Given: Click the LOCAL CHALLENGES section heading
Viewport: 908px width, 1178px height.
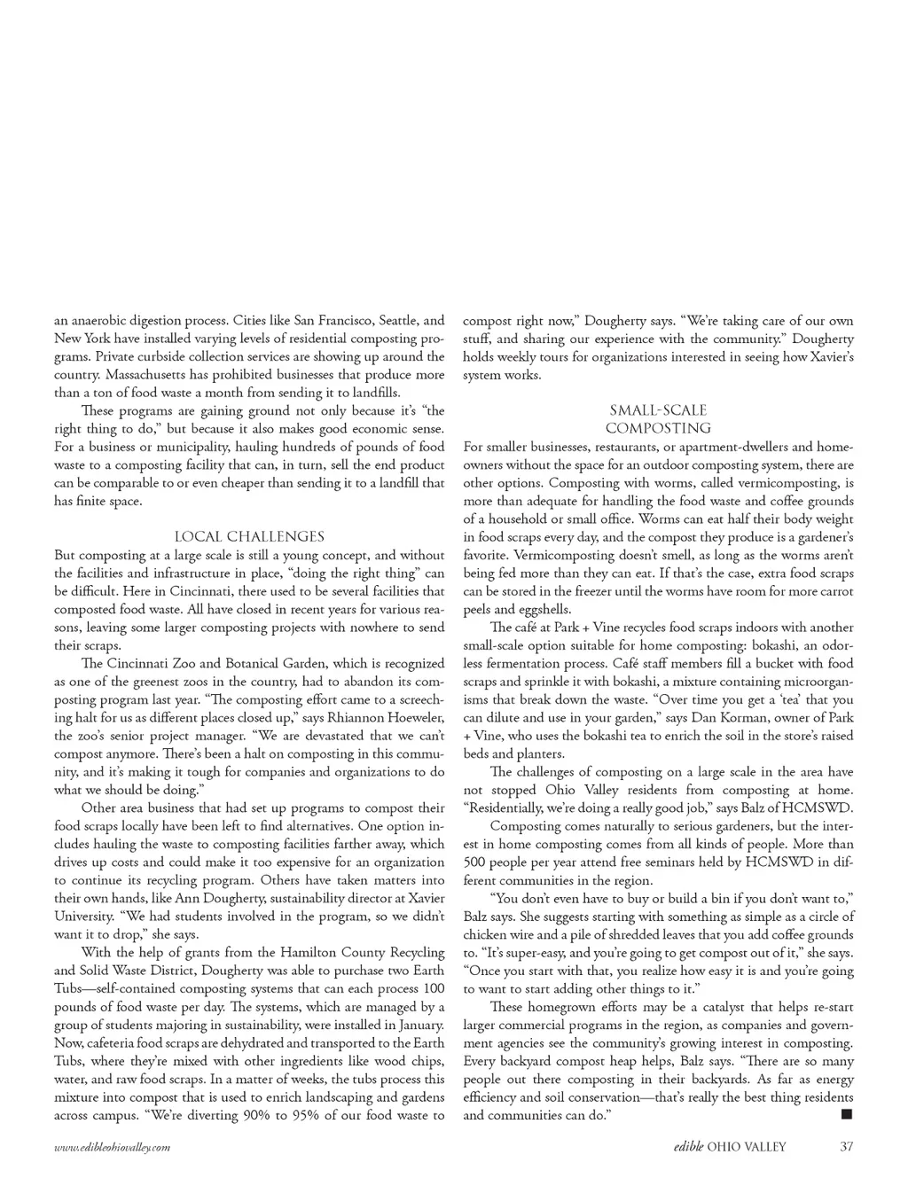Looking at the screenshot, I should [x=249, y=536].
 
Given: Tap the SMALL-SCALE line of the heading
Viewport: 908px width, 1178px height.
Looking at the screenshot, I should [x=658, y=410].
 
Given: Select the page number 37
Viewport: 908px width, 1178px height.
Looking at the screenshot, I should [x=846, y=1146].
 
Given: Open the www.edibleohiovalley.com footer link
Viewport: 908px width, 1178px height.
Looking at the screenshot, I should [x=112, y=1147].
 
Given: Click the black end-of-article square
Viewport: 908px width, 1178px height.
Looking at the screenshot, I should [x=847, y=1113].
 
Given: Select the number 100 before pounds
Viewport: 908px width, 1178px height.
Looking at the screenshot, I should [x=433, y=988].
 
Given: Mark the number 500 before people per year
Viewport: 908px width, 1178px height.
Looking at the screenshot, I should [x=474, y=862].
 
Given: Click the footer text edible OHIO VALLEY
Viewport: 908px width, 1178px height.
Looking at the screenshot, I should [x=729, y=1146].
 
